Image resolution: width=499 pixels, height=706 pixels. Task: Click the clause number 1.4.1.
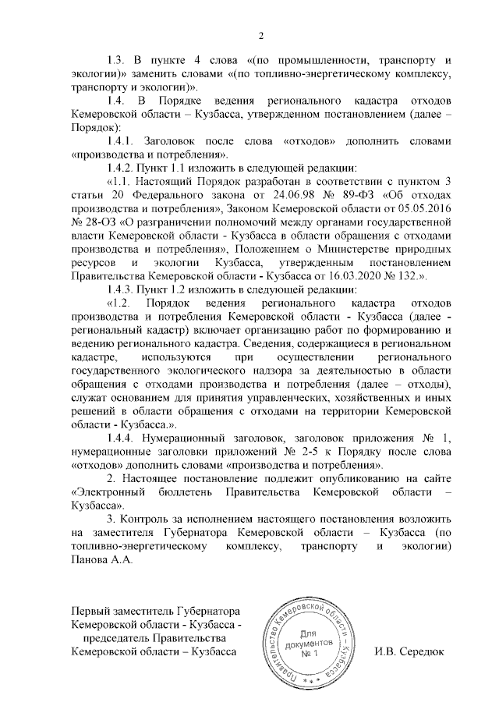tap(123, 141)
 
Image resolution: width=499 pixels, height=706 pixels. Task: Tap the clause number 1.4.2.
tap(123, 167)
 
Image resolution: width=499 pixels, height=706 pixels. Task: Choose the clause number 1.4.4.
tap(123, 438)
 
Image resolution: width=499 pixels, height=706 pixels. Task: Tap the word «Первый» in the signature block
tap(92, 611)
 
